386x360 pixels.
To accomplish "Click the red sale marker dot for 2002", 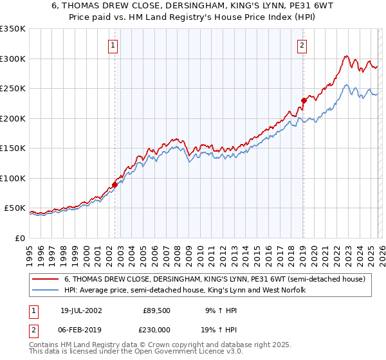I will tap(115, 184).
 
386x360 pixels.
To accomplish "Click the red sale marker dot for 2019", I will tap(303, 100).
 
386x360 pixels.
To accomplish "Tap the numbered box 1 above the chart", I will tap(113, 45).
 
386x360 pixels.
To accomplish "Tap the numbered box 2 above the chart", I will tap(302, 45).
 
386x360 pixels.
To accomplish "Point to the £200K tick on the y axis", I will tap(14, 118).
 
